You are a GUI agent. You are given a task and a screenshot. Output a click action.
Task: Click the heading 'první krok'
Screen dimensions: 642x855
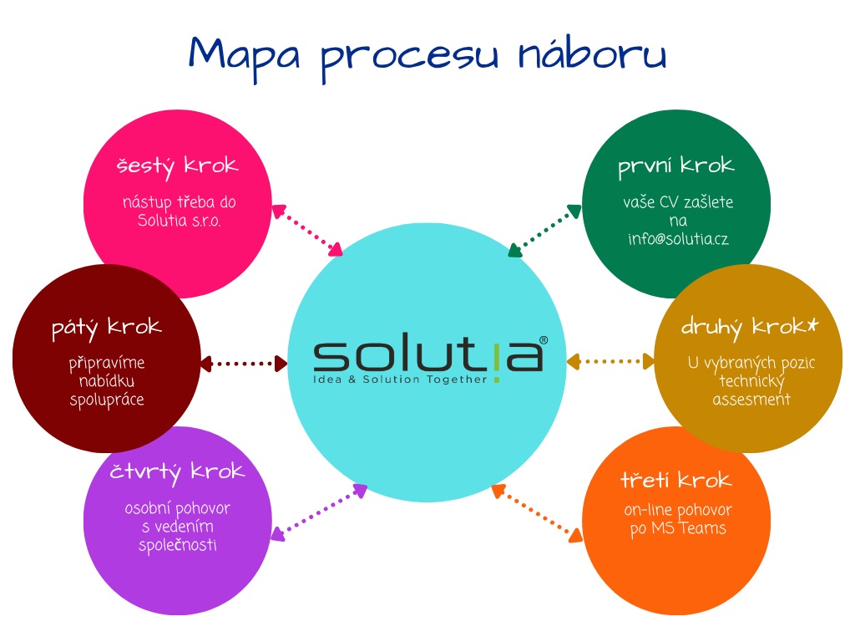tap(675, 166)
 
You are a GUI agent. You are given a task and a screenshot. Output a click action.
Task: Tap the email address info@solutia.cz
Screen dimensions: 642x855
tap(678, 239)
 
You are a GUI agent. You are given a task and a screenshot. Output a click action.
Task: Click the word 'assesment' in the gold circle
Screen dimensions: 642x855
tap(751, 400)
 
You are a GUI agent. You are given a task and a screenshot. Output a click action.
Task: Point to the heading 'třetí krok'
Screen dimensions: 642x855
tap(675, 481)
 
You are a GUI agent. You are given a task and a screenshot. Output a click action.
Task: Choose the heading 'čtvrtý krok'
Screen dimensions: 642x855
tap(177, 472)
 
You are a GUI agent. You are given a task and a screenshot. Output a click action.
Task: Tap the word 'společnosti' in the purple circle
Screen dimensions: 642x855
tap(177, 545)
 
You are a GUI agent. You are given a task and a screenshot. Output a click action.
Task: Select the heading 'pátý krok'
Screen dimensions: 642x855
tap(106, 328)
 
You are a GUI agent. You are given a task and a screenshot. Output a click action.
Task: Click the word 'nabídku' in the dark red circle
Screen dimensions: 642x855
tap(106, 382)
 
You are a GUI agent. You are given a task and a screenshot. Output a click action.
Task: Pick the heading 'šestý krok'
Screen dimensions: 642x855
tap(177, 166)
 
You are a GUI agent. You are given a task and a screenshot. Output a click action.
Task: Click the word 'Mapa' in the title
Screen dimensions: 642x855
tap(245, 55)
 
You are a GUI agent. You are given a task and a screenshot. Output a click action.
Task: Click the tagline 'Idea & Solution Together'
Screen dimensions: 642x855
tap(399, 380)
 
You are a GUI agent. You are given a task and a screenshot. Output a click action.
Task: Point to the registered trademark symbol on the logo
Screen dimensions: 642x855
tap(544, 341)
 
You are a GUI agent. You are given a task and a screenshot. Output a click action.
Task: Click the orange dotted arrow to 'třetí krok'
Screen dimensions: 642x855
tap(536, 512)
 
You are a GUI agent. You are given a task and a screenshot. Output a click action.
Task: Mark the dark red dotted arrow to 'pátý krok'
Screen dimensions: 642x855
tap(244, 364)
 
